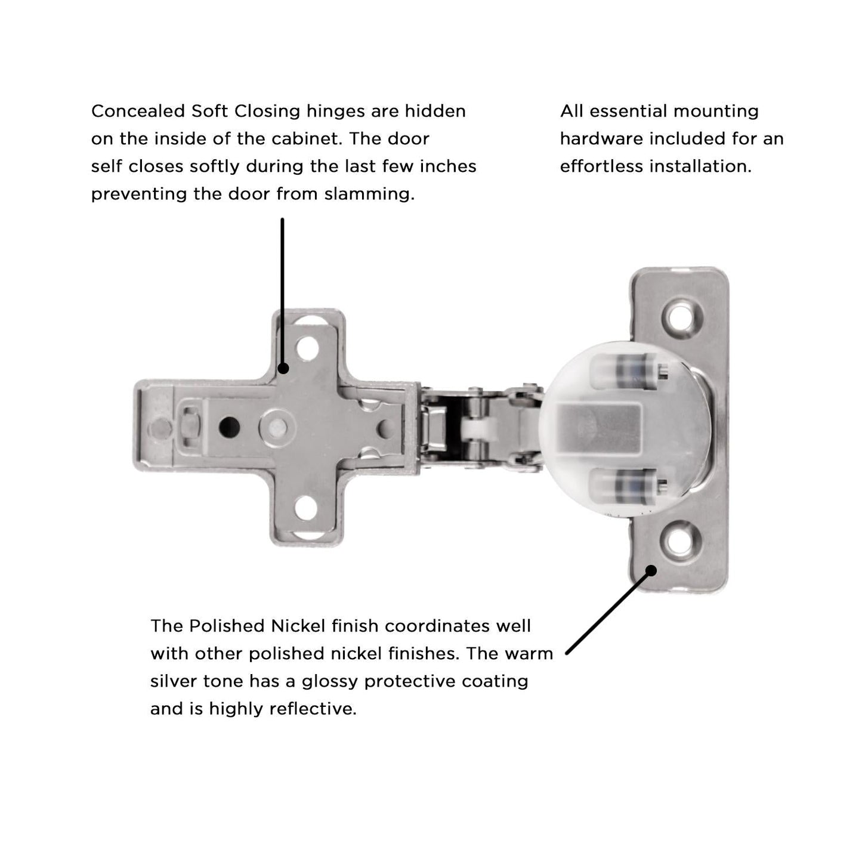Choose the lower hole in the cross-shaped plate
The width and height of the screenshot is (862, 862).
coord(307,508)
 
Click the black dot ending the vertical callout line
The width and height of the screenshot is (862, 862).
coord(283,368)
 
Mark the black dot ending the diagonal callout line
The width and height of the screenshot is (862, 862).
coord(651,570)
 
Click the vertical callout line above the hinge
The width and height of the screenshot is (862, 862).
coord(282,286)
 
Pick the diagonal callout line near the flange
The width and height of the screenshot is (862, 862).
coord(608,612)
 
